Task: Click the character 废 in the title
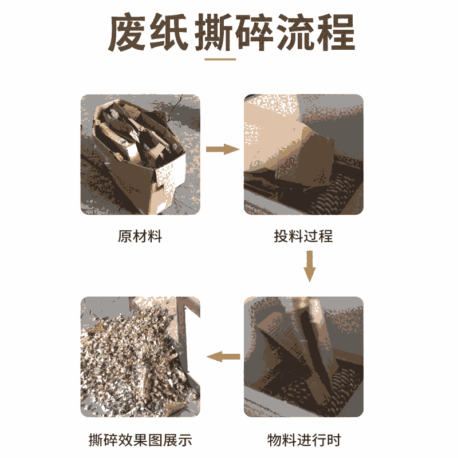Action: [128, 33]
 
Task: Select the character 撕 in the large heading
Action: [214, 33]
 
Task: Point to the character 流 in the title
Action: [295, 33]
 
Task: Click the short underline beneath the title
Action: [220, 60]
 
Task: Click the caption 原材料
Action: [140, 236]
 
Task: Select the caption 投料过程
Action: [303, 236]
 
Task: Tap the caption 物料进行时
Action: [304, 440]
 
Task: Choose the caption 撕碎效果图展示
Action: [140, 440]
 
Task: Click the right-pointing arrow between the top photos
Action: [223, 149]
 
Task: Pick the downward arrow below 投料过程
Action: [310, 266]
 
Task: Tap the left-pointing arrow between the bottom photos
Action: [223, 356]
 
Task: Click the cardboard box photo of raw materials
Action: [140, 155]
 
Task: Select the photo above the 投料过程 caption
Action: [304, 155]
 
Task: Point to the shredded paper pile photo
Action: [140, 357]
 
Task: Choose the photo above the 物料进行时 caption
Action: [304, 357]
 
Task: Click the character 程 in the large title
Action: [336, 33]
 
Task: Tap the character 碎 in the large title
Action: [254, 33]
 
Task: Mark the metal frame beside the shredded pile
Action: [183, 336]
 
